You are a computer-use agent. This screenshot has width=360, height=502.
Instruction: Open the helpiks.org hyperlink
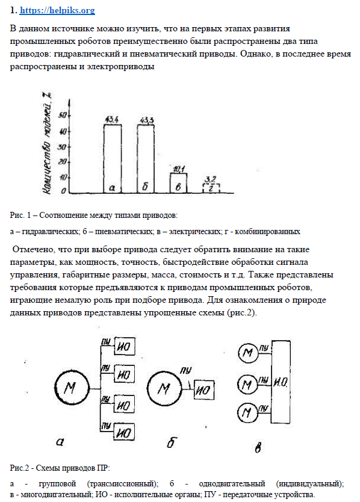57,10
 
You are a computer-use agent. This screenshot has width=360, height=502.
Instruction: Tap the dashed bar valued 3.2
211,184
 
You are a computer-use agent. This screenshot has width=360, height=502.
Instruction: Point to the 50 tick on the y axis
63,116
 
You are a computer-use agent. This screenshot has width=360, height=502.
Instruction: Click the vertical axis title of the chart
47,143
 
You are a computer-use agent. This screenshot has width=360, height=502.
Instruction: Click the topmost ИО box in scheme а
124,346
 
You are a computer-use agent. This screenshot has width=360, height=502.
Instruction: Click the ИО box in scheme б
203,389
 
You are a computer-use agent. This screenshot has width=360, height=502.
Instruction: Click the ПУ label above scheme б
185,371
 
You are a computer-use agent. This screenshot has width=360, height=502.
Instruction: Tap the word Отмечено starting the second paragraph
33,249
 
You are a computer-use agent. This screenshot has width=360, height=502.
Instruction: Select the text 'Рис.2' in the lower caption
18,468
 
